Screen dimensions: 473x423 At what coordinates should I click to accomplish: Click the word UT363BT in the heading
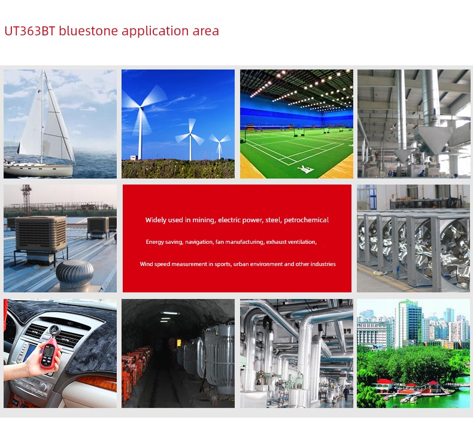30,31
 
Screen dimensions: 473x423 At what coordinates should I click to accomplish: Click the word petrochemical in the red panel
306,220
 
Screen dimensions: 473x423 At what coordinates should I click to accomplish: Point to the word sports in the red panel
222,264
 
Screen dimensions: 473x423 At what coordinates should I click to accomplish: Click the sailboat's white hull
38,170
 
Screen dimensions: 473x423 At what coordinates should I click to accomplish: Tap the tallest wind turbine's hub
141,107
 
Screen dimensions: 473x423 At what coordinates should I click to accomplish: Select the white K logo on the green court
305,169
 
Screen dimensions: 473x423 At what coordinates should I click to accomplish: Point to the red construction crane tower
26,200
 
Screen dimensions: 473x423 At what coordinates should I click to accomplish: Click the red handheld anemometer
50,352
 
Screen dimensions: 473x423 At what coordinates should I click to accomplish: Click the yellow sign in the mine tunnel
179,343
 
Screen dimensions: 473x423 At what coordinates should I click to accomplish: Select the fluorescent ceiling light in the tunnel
170,313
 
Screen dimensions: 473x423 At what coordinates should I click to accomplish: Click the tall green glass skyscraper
410,323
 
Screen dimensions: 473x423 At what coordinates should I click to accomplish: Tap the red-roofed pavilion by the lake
384,384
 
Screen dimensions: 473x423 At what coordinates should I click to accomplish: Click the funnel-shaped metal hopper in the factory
433,140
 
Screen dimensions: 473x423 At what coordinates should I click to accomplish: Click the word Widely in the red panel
156,220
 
